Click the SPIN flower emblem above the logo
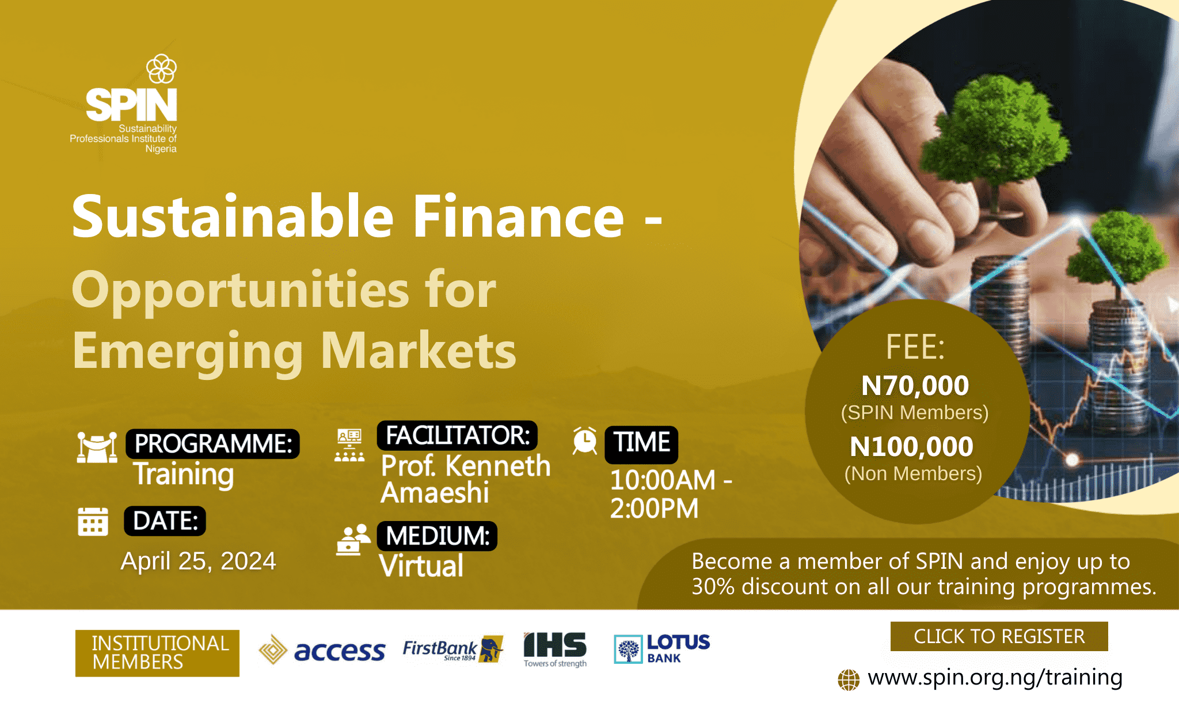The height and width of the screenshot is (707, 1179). (x=162, y=69)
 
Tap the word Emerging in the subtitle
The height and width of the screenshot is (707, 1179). (x=188, y=352)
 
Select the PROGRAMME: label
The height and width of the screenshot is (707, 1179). (x=213, y=444)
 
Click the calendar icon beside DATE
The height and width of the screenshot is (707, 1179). (x=93, y=522)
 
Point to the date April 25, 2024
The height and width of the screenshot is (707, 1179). (x=198, y=561)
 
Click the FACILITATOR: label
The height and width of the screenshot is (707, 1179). (x=457, y=435)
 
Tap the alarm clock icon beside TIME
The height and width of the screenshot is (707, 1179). (x=585, y=441)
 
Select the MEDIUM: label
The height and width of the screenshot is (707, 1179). (x=437, y=536)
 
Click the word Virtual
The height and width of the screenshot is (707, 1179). (x=421, y=565)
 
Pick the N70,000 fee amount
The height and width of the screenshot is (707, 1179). (x=915, y=385)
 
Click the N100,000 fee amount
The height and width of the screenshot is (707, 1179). (x=912, y=446)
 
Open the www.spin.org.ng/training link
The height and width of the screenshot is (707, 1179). (x=995, y=677)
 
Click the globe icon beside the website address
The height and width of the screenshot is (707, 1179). (x=849, y=679)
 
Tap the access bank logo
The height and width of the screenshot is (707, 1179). (x=322, y=650)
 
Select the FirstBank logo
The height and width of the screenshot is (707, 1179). (x=453, y=649)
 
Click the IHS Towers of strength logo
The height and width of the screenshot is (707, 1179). (x=555, y=649)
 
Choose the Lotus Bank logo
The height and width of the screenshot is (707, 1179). (x=662, y=649)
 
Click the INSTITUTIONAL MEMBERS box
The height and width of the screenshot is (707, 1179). (x=157, y=653)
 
